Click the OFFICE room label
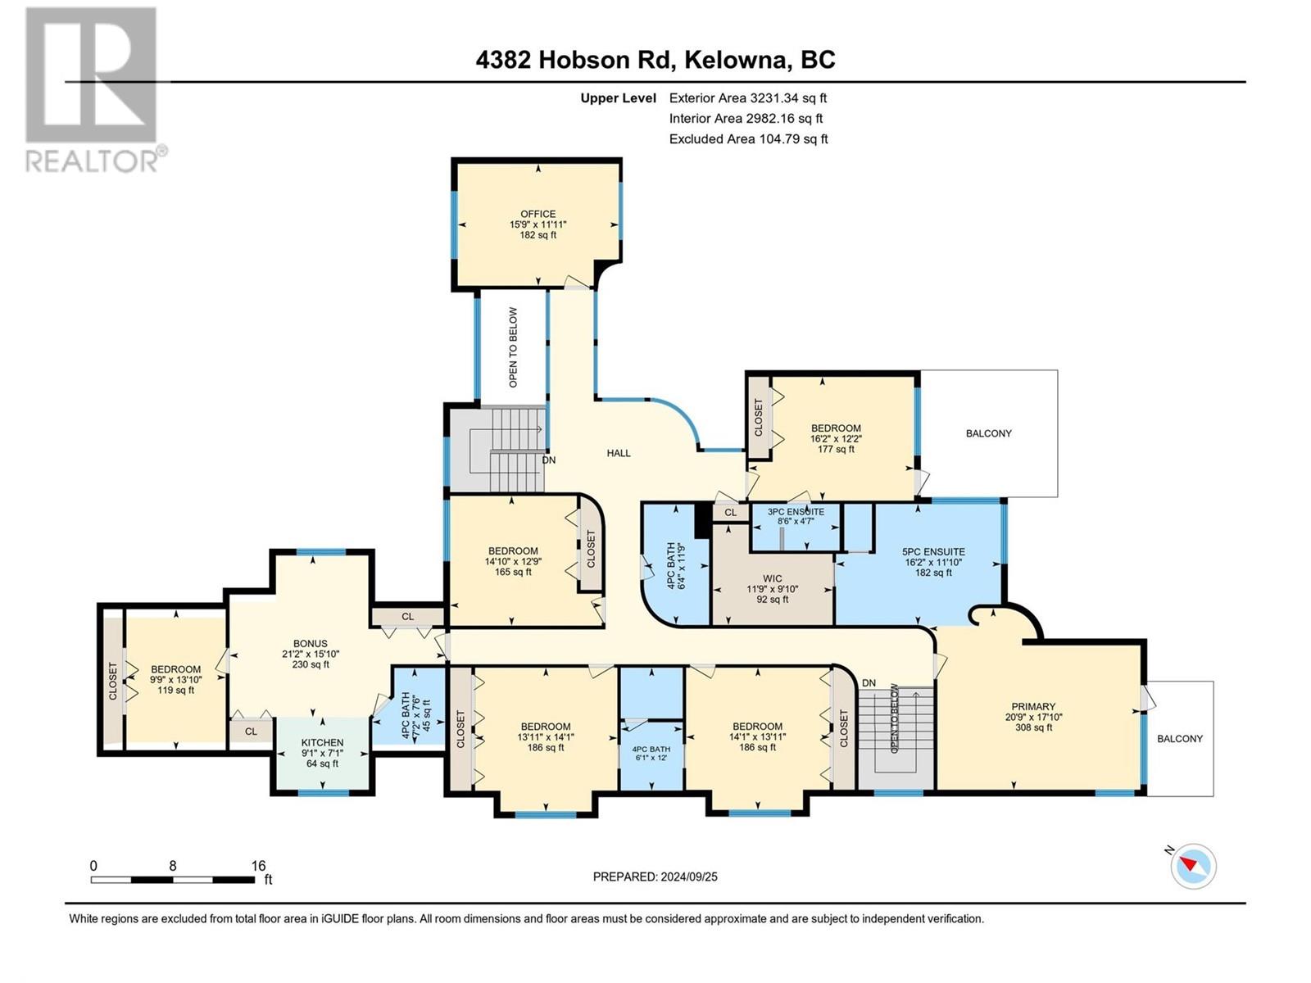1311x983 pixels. [x=538, y=215]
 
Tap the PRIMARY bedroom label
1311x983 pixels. [x=1033, y=707]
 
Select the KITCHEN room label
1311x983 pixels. [x=322, y=743]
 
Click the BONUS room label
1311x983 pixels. [x=311, y=644]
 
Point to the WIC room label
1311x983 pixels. [x=772, y=578]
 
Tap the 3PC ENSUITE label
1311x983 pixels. [x=796, y=512]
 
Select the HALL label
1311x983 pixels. [x=619, y=453]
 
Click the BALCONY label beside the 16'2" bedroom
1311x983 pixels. [x=988, y=433]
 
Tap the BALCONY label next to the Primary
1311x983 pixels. [x=1179, y=739]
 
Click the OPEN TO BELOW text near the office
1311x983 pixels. [x=514, y=347]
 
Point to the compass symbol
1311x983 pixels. [x=1193, y=866]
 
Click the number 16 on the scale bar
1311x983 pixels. [x=258, y=866]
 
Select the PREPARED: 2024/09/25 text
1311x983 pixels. [x=655, y=877]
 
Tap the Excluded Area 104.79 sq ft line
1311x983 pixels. [x=748, y=139]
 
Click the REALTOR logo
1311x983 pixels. [x=92, y=90]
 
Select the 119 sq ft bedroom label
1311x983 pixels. [x=175, y=669]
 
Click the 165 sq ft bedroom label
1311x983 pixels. [x=513, y=551]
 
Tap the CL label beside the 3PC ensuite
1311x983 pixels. [x=730, y=513]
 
